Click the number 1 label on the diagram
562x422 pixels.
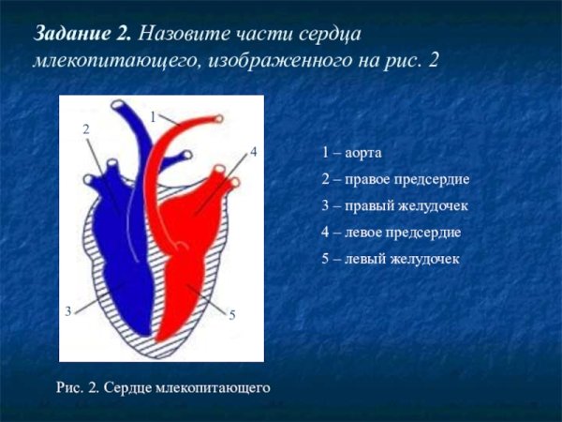tap(153, 116)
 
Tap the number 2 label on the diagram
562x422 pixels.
tap(86, 130)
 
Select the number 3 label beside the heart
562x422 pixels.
tap(68, 310)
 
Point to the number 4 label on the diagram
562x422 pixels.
tap(253, 150)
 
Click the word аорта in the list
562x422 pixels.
tap(364, 152)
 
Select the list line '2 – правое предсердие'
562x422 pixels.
tap(394, 178)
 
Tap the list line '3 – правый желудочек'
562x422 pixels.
tap(393, 205)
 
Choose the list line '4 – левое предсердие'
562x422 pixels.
tap(391, 232)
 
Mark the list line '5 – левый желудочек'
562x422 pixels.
tap(390, 258)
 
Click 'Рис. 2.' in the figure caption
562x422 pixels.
tap(78, 385)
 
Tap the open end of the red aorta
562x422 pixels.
tap(218, 119)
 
